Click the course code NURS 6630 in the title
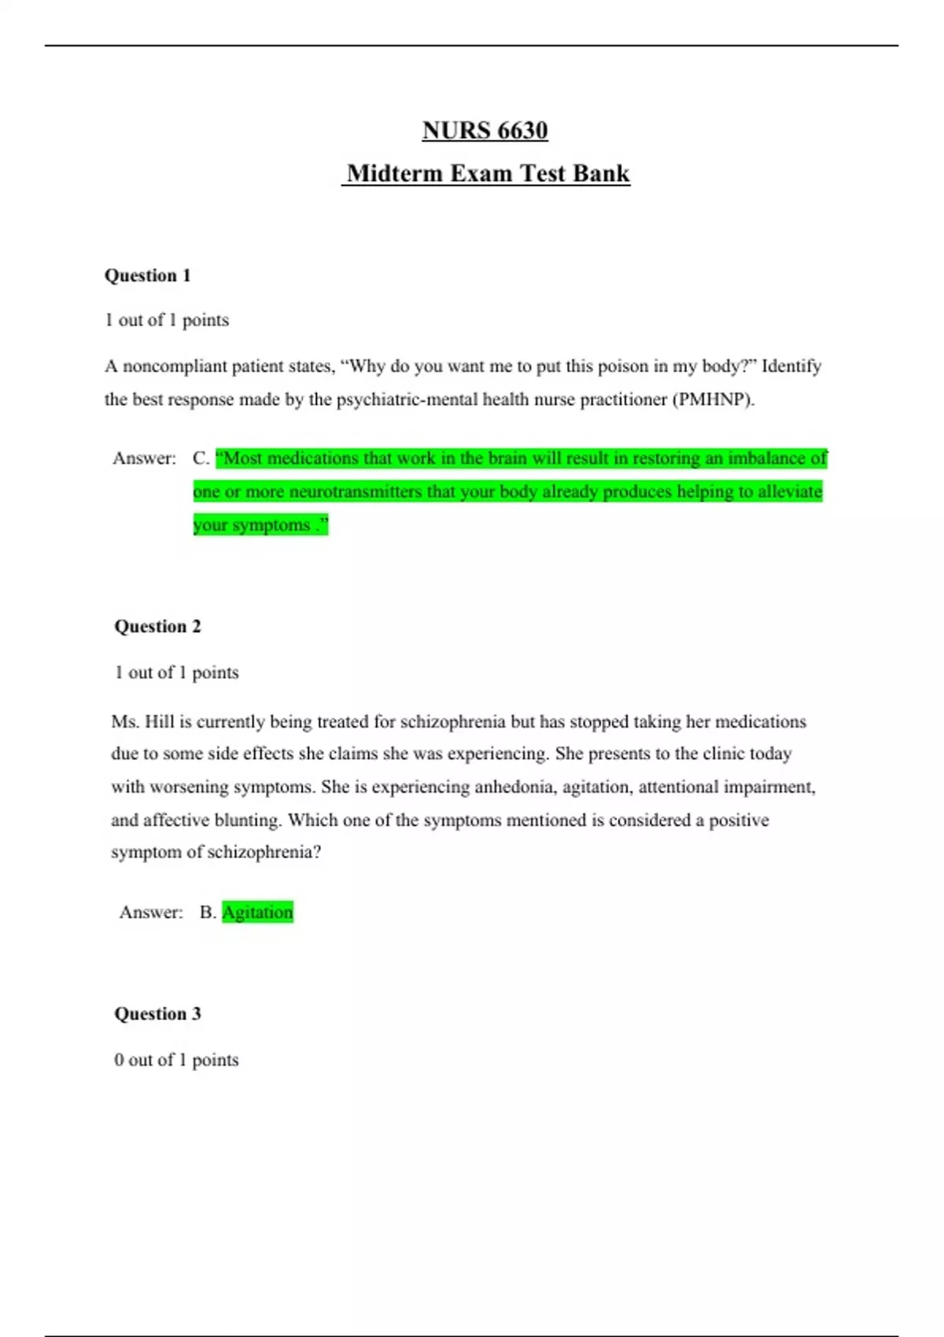pyautogui.click(x=485, y=131)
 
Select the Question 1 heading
pyautogui.click(x=148, y=275)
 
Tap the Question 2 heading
pyautogui.click(x=157, y=626)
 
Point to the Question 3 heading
pyautogui.click(x=157, y=1014)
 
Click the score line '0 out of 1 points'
pyautogui.click(x=176, y=1060)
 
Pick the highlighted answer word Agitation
pyautogui.click(x=257, y=912)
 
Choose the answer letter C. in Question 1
pyautogui.click(x=201, y=459)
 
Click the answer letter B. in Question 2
pyautogui.click(x=208, y=912)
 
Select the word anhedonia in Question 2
pyautogui.click(x=512, y=787)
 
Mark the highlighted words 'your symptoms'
pyautogui.click(x=252, y=525)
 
